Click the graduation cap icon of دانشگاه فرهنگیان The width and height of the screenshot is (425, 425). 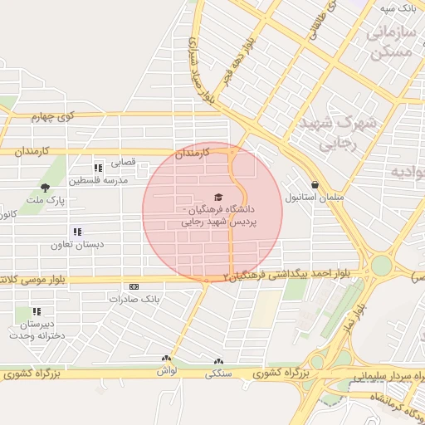218,198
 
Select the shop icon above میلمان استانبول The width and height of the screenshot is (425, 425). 315,184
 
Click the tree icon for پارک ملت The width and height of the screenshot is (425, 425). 45,188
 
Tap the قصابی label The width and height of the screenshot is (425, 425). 124,164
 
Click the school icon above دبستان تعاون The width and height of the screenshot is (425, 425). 76,232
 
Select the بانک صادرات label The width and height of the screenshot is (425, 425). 133,297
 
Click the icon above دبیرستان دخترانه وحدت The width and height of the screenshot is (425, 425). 37,311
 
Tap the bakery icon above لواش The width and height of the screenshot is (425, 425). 166,359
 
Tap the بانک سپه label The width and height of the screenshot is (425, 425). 398,7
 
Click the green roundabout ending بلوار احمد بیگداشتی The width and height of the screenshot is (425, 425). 381,266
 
